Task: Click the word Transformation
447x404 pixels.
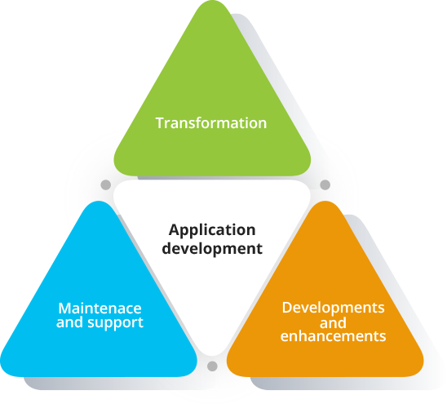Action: coord(211,123)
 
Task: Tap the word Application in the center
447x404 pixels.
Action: coord(212,231)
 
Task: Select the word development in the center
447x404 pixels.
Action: coord(212,248)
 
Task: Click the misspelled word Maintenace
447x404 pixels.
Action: coord(100,309)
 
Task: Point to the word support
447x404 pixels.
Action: coord(116,323)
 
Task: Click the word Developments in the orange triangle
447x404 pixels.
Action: coord(334,309)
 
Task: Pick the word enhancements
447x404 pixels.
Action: coord(334,336)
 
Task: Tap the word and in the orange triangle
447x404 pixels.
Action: coord(333,322)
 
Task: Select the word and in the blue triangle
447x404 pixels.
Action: coord(70,322)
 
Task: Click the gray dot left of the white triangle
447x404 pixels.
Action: coord(106,184)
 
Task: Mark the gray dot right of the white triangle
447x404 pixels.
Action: coord(325,184)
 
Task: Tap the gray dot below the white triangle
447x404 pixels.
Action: coord(212,366)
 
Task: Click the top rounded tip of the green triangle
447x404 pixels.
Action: coord(212,1)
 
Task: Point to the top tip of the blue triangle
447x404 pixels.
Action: coord(99,202)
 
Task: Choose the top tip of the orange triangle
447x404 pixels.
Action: coord(325,202)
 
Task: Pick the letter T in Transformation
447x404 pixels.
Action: coord(160,123)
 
